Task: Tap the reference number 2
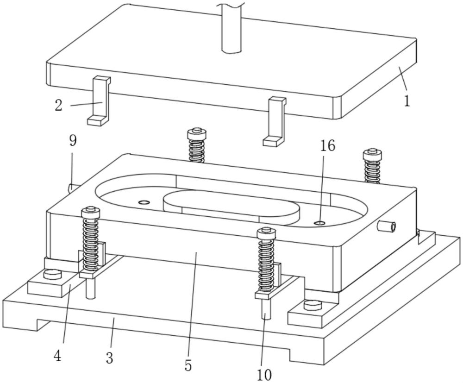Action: click(58, 106)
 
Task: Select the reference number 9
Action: click(73, 141)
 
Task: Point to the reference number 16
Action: click(327, 147)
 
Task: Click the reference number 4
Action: click(57, 356)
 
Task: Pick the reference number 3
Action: click(109, 358)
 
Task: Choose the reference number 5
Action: click(188, 365)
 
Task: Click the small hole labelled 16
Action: click(319, 223)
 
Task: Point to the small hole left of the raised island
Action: click(144, 202)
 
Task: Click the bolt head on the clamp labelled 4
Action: click(52, 276)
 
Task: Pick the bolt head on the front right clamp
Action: click(313, 305)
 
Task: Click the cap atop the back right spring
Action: click(371, 152)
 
